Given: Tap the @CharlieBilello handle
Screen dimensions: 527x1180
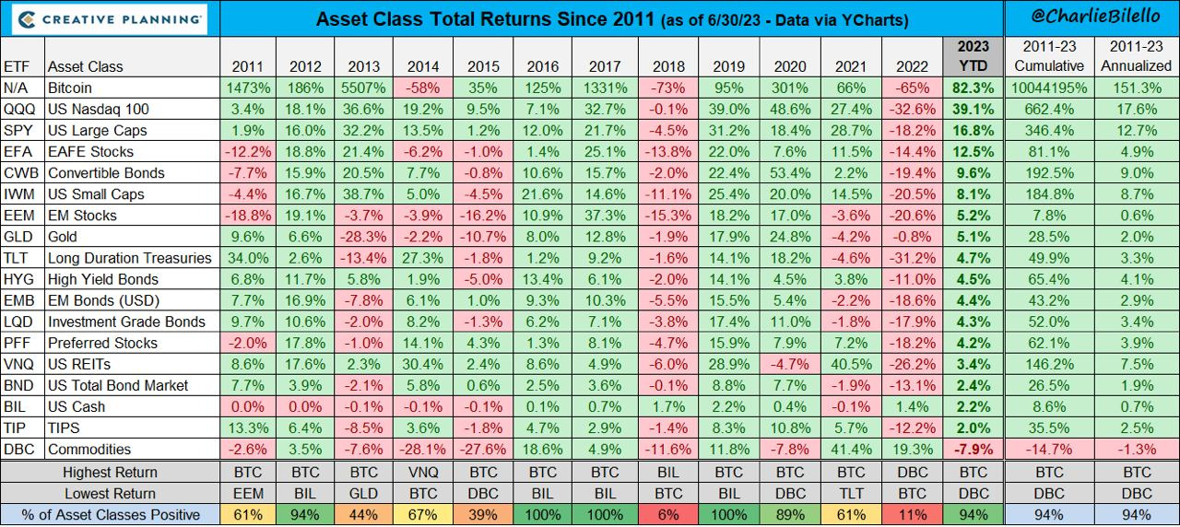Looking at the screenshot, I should pyautogui.click(x=1093, y=18).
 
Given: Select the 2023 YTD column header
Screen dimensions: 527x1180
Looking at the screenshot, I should pyautogui.click(x=973, y=56).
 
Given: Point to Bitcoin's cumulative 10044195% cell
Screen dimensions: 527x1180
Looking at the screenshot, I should pyautogui.click(x=1047, y=88).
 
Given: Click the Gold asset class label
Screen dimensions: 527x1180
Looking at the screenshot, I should pyautogui.click(x=64, y=237).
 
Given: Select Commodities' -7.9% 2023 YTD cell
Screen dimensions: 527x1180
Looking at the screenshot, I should pyautogui.click(x=973, y=450).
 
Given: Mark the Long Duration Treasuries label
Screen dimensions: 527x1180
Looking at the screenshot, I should pyautogui.click(x=129, y=258).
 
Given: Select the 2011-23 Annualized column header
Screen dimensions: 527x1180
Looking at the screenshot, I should pyautogui.click(x=1138, y=56).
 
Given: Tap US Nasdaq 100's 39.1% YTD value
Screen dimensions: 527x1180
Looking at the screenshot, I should pyautogui.click(x=973, y=109).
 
